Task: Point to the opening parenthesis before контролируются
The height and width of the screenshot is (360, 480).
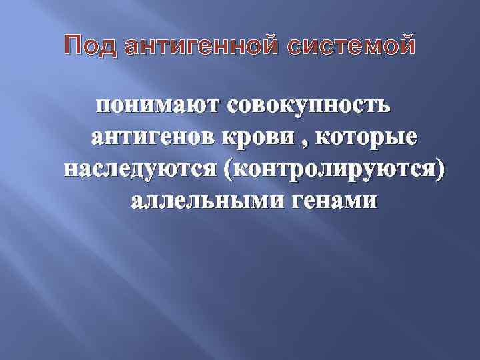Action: pyautogui.click(x=230, y=169)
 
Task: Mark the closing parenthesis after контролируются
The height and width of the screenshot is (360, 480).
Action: pyautogui.click(x=438, y=169)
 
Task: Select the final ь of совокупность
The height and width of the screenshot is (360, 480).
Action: pyautogui.click(x=387, y=105)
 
